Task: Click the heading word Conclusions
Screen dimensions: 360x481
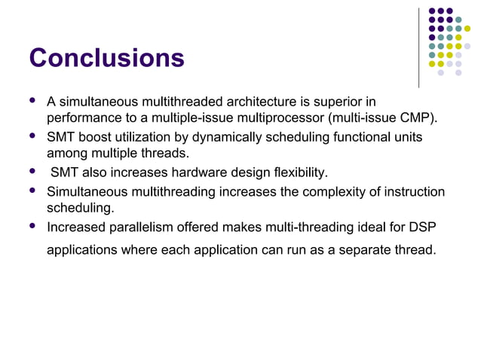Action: [106, 58]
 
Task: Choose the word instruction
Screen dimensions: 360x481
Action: [412, 191]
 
